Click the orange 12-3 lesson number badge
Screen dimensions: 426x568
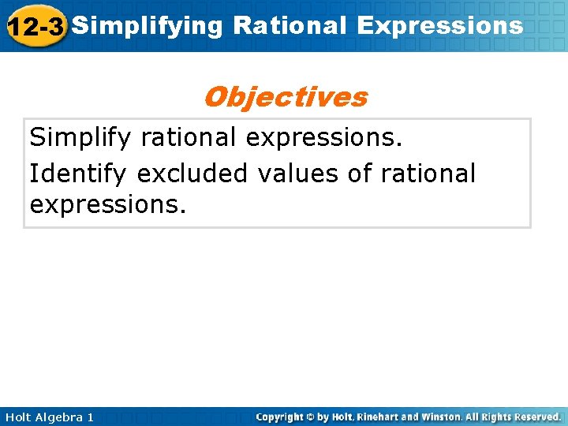coord(35,27)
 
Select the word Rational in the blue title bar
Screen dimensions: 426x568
coord(290,26)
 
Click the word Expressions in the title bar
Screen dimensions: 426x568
coord(439,26)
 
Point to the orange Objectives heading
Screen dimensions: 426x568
coord(285,97)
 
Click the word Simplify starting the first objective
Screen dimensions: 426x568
coord(81,138)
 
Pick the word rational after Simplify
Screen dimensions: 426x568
coord(189,138)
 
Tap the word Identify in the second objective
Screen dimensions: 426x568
coord(79,172)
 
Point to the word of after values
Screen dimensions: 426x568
coord(360,172)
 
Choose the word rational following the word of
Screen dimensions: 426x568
coord(428,172)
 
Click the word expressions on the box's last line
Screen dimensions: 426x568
coord(108,205)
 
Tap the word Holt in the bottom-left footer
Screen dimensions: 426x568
coord(17,417)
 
